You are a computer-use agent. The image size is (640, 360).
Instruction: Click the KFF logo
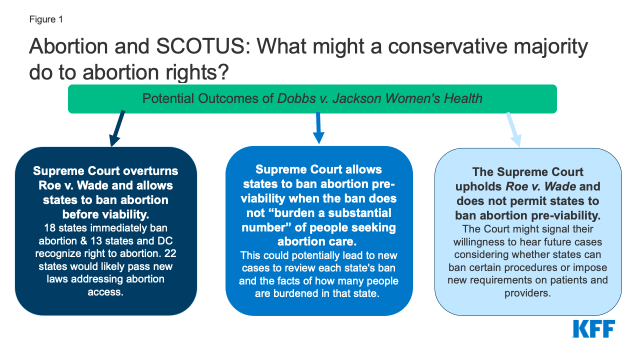point(593,329)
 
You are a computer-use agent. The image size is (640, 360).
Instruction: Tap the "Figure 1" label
point(45,19)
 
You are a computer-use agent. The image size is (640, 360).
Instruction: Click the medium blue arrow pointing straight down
point(318,128)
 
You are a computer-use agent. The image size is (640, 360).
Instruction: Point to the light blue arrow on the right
point(513,129)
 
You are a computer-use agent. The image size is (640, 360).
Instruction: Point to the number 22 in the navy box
point(170,253)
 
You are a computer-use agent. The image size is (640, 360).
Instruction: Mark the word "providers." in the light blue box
point(527,293)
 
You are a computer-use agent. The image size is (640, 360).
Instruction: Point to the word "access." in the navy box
point(105,292)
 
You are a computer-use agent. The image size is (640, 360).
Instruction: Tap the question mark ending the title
point(222,72)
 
